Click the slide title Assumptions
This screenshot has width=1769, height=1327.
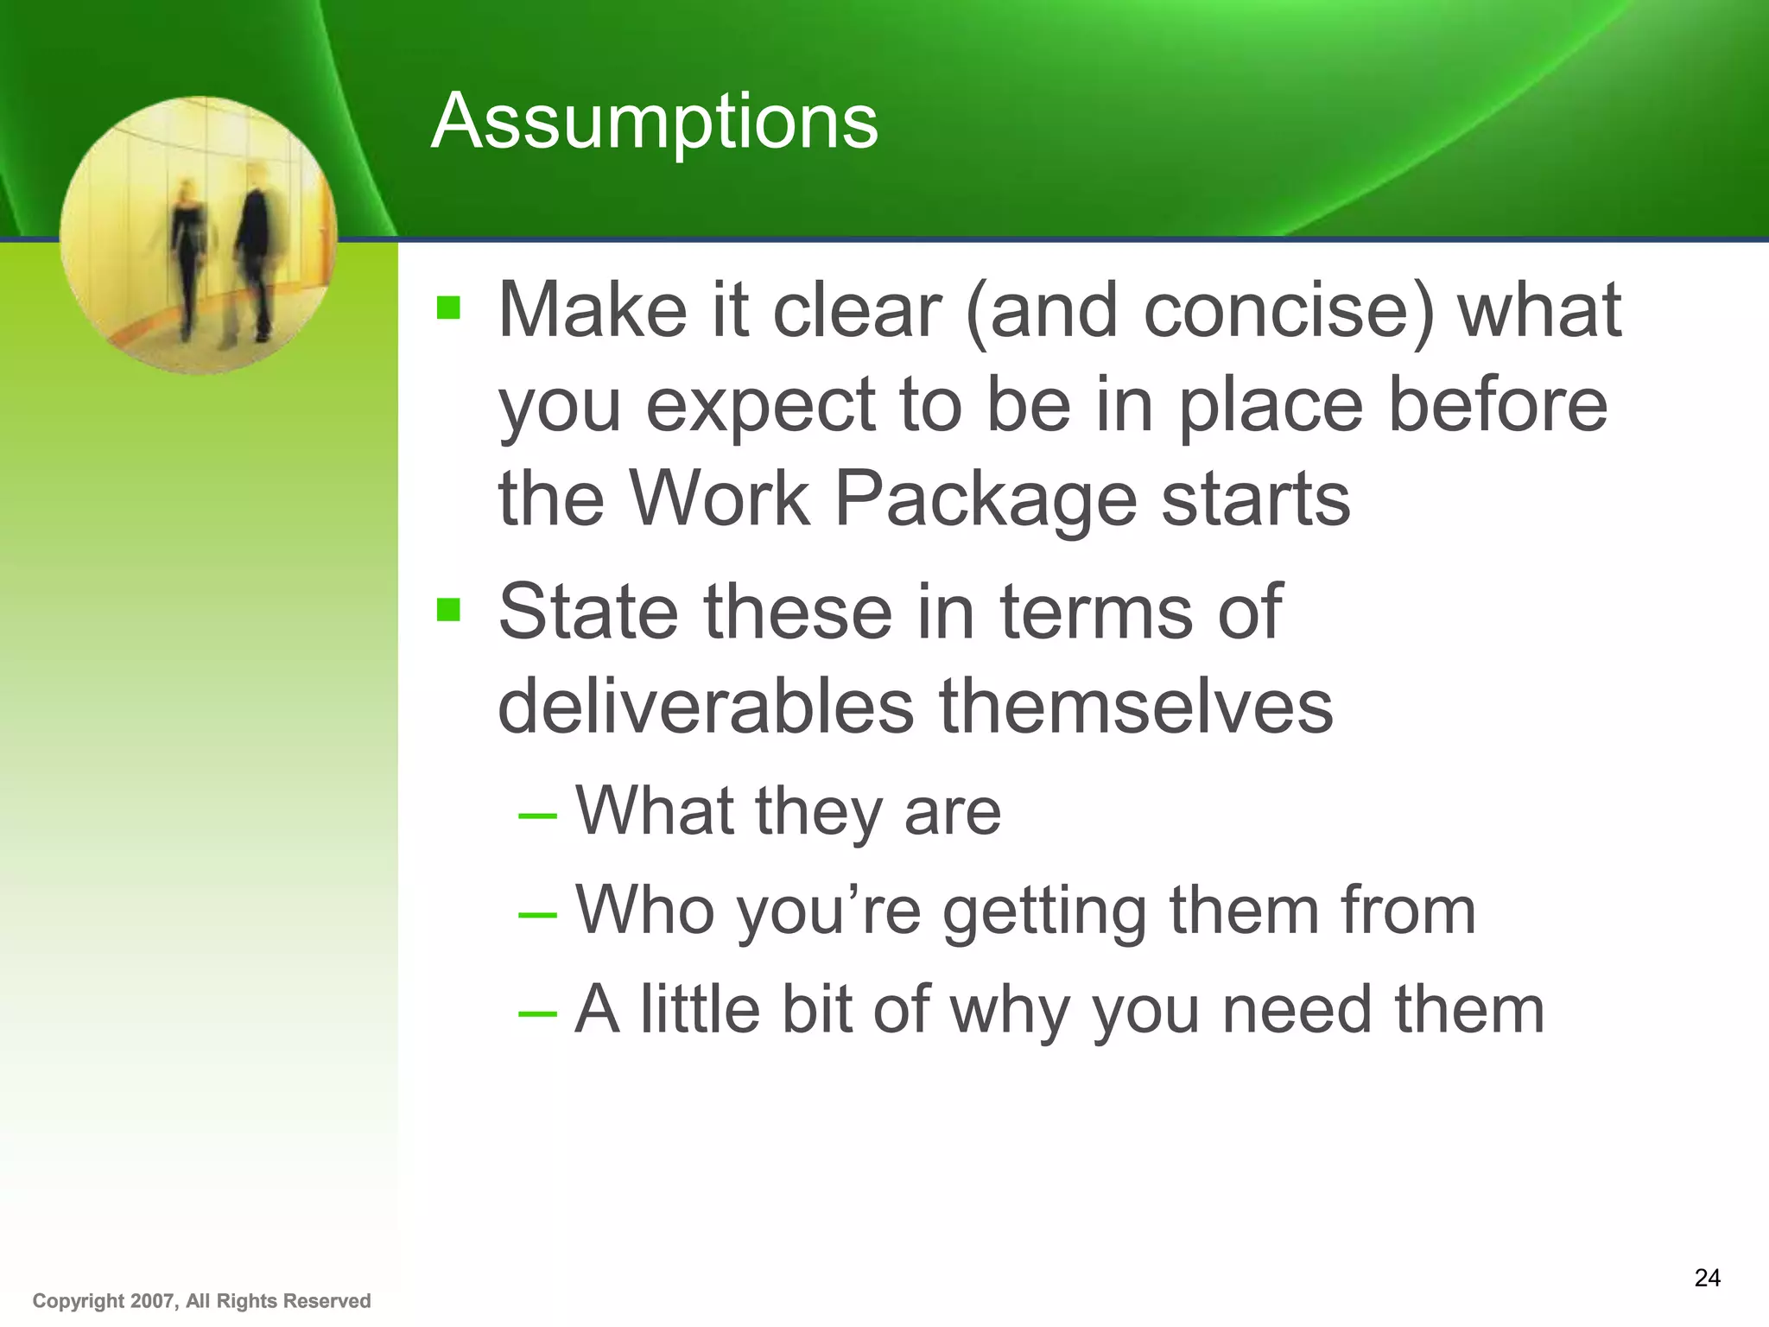click(654, 122)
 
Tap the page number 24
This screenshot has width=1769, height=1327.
click(1707, 1278)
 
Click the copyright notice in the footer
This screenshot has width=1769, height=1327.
click(201, 1301)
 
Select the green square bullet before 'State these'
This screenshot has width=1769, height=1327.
click(448, 611)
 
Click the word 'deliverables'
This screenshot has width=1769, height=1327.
click(705, 707)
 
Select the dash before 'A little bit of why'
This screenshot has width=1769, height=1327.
click(537, 1013)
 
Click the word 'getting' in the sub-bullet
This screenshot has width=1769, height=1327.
click(1043, 912)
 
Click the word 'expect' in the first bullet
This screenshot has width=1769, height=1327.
click(760, 408)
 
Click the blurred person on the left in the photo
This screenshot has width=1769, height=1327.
click(188, 259)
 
